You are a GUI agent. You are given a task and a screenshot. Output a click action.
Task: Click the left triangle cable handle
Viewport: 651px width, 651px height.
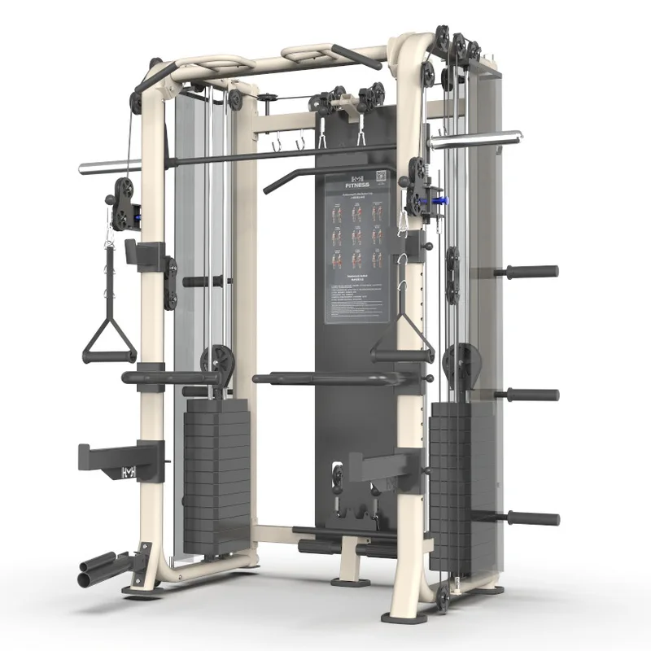[x=109, y=341]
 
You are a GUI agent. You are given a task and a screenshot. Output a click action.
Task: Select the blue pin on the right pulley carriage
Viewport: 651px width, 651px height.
[x=440, y=198]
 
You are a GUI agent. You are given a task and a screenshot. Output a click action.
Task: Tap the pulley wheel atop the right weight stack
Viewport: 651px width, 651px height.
[x=461, y=359]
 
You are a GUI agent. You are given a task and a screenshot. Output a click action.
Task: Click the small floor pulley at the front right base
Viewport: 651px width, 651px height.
[x=443, y=601]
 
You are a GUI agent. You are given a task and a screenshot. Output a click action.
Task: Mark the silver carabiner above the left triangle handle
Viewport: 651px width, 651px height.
[x=107, y=236]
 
